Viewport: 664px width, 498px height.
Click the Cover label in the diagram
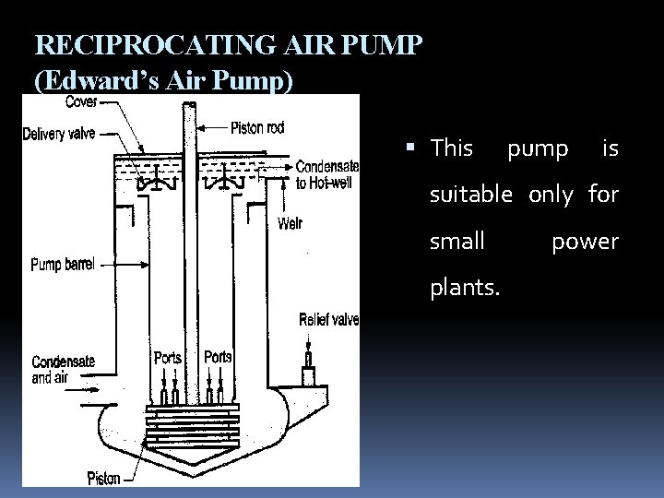82,101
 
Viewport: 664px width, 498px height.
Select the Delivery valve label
58,134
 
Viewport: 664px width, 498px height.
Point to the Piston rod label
256,128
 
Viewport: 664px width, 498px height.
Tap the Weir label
290,223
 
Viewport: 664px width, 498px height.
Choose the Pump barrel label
63,264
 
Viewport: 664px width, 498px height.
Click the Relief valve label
329,320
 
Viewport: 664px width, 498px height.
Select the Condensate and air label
63,369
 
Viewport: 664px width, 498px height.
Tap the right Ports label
218,356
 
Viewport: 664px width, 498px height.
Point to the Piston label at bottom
103,478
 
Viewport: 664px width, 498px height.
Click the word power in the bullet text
585,242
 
